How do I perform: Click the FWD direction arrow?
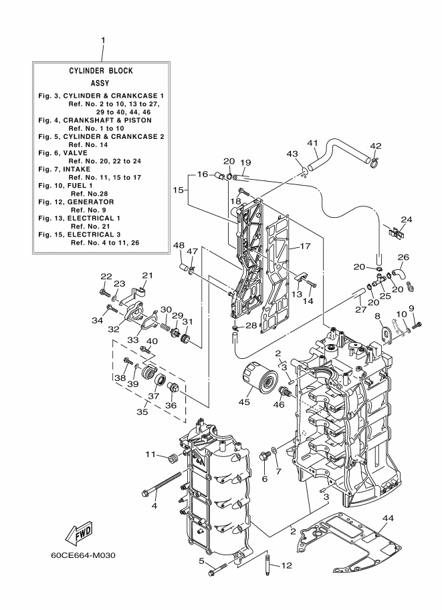pyautogui.click(x=79, y=532)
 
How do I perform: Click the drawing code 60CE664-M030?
pyautogui.click(x=83, y=555)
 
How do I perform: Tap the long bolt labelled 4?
pyautogui.click(x=162, y=484)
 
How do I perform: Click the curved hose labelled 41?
pyautogui.click(x=340, y=150)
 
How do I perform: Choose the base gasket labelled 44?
pyautogui.click(x=348, y=543)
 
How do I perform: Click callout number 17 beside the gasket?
pyautogui.click(x=306, y=246)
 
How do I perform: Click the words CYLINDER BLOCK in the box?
pyautogui.click(x=101, y=71)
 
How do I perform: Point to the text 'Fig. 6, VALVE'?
pyautogui.click(x=63, y=153)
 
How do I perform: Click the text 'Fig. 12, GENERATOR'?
pyautogui.click(x=76, y=202)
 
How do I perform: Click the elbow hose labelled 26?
pyautogui.click(x=398, y=275)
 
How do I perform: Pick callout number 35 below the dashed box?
pyautogui.click(x=142, y=411)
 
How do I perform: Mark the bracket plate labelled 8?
pyautogui.click(x=386, y=335)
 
